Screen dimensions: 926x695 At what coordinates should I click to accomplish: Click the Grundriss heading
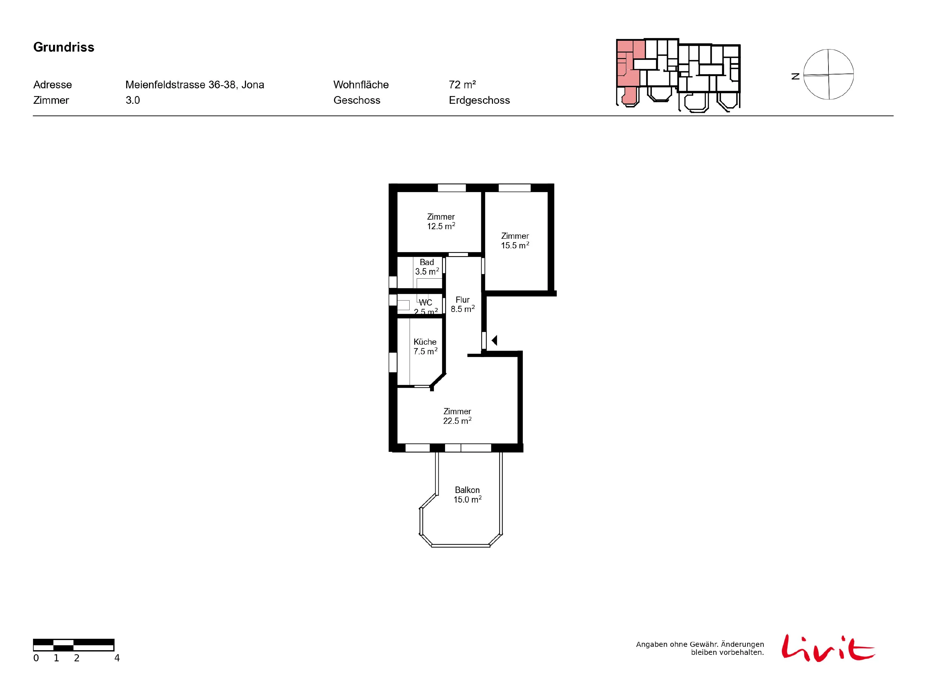point(64,47)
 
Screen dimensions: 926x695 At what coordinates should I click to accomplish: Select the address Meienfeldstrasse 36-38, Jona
point(195,85)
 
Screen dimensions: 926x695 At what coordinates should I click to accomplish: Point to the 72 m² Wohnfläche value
point(462,85)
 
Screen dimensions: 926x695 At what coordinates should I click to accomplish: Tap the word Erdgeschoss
point(479,100)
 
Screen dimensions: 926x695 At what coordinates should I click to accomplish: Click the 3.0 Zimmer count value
point(133,100)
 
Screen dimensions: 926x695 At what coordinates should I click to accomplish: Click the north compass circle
point(828,74)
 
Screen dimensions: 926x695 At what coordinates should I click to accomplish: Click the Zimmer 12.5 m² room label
point(441,221)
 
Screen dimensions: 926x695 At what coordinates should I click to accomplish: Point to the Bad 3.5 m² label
point(427,267)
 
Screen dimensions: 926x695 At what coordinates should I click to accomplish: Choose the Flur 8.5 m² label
point(463,305)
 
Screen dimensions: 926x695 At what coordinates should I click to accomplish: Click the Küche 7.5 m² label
point(425,347)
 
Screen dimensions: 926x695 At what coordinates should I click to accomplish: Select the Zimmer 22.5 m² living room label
point(457,416)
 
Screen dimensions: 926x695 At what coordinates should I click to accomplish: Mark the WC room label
point(425,302)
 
